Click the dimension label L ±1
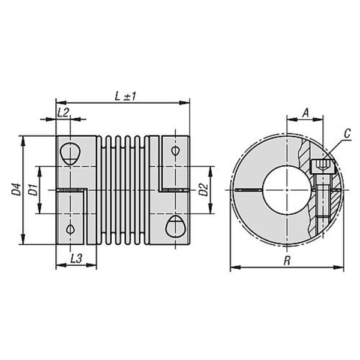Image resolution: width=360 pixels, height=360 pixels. (125, 97)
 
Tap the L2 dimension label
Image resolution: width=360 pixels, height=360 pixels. (63, 113)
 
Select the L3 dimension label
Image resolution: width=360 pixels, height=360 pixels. (76, 259)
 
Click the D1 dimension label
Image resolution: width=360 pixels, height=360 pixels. (33, 190)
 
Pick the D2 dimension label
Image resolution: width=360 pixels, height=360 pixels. (203, 190)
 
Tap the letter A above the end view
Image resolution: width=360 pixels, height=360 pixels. (305, 113)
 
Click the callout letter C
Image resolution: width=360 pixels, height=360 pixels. (348, 134)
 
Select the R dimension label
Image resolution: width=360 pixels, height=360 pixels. (287, 261)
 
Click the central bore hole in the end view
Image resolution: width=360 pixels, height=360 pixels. (287, 190)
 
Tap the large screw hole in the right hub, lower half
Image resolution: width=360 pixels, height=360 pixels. (176, 227)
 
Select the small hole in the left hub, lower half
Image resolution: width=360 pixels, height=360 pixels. (70, 229)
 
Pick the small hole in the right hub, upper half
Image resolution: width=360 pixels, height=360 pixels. (176, 151)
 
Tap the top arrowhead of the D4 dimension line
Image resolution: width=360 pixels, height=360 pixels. (23, 141)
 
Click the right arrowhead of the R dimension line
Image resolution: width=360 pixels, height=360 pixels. (339, 268)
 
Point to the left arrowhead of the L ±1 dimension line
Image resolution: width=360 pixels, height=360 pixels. (61, 103)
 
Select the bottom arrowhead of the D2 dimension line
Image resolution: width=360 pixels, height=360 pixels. (211, 209)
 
